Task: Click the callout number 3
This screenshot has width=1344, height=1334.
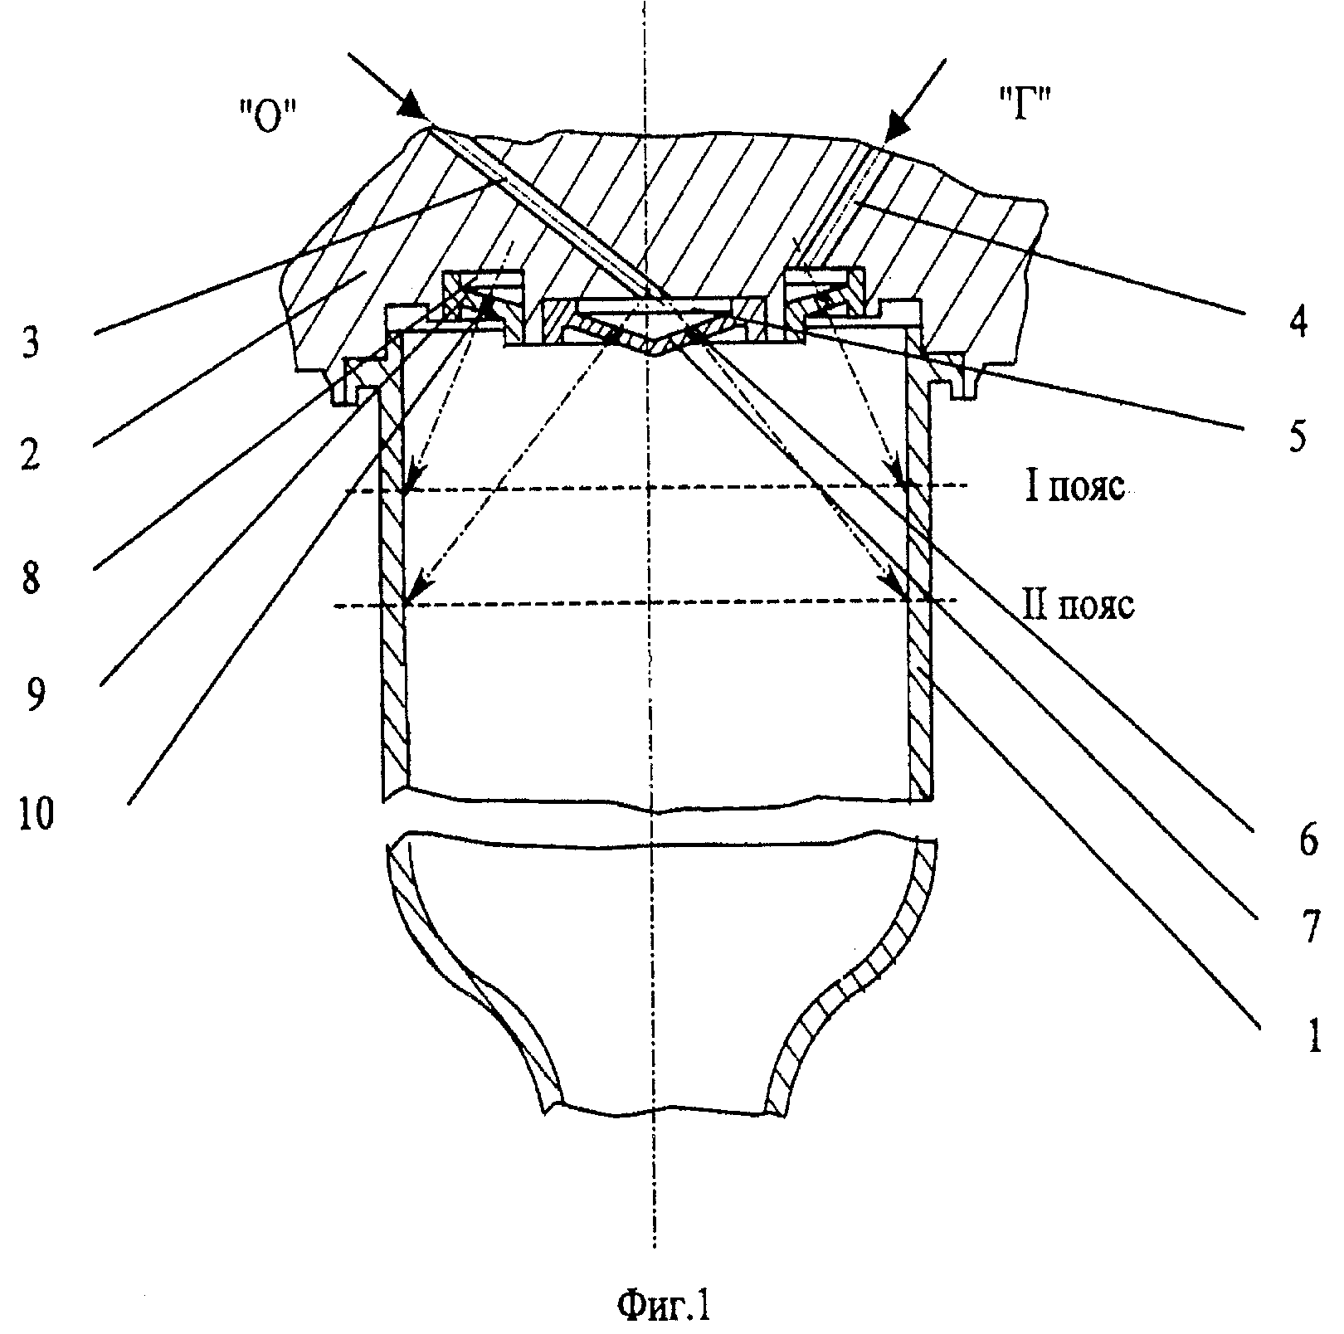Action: (x=30, y=343)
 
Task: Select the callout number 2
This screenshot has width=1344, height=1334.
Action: (x=30, y=457)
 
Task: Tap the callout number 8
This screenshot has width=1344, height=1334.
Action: (x=30, y=578)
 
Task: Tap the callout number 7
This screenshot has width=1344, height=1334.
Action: (x=1310, y=929)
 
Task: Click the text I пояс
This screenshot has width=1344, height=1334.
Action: (x=1075, y=487)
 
